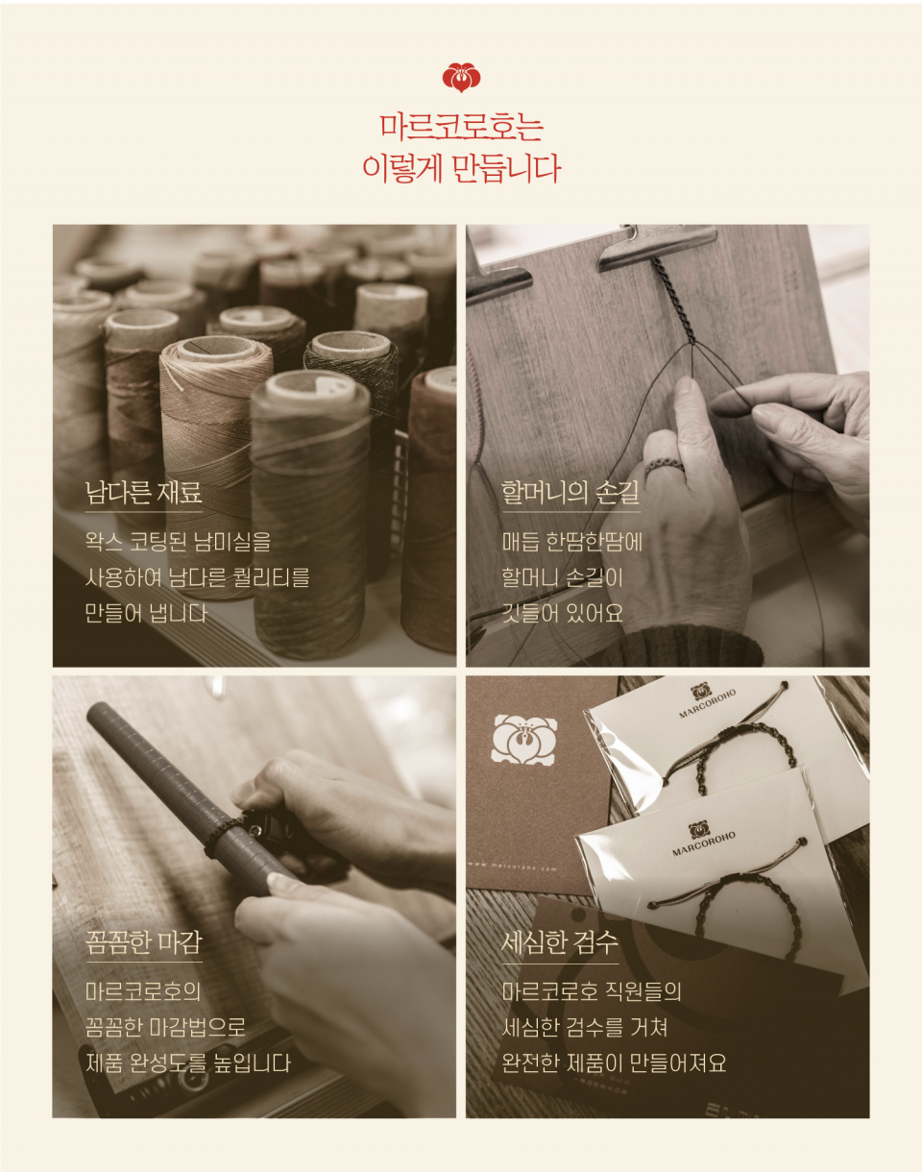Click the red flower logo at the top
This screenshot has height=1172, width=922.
pyautogui.click(x=461, y=78)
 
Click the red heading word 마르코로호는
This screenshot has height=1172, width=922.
pyautogui.click(x=461, y=127)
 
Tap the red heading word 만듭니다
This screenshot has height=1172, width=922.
pyautogui.click(x=506, y=169)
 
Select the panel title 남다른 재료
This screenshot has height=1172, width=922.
pyautogui.click(x=143, y=492)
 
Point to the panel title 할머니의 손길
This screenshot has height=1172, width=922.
pyautogui.click(x=570, y=492)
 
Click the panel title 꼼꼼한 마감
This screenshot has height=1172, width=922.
pyautogui.click(x=144, y=942)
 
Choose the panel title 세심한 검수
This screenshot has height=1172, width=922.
pyautogui.click(x=560, y=942)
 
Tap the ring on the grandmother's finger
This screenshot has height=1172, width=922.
pyautogui.click(x=664, y=467)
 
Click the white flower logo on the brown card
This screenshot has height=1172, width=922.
pyautogui.click(x=523, y=739)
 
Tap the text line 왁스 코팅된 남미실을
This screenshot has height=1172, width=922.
pyautogui.click(x=178, y=542)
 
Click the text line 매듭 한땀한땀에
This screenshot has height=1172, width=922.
pyautogui.click(x=571, y=542)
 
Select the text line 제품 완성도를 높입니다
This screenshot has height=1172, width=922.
pyautogui.click(x=188, y=1062)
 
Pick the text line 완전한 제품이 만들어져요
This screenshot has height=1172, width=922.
pyautogui.click(x=614, y=1062)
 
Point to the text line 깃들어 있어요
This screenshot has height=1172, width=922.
pyautogui.click(x=562, y=613)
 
